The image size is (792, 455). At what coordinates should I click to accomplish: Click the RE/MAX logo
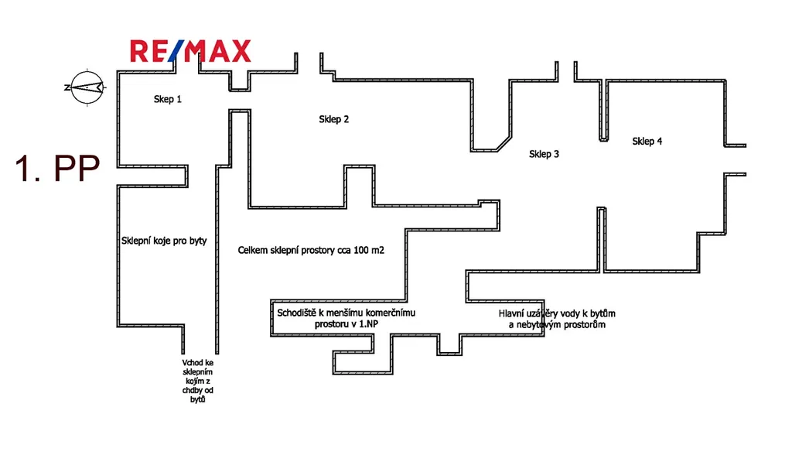coord(190,51)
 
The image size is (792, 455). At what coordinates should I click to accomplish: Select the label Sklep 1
coord(168,99)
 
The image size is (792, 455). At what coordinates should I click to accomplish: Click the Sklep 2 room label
coord(334,119)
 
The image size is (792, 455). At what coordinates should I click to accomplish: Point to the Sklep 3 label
coord(544,154)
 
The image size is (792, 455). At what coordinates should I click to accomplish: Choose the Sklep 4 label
coord(647,141)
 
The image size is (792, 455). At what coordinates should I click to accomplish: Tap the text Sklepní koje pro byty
coord(164,241)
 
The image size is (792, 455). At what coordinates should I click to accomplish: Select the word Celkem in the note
coord(253,251)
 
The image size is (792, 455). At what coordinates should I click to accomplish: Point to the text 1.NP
coord(367,324)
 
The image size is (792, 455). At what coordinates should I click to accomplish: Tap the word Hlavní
coord(514,313)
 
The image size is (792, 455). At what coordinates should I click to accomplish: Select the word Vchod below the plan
coord(193,361)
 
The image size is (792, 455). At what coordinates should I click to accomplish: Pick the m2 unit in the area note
coord(377,251)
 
